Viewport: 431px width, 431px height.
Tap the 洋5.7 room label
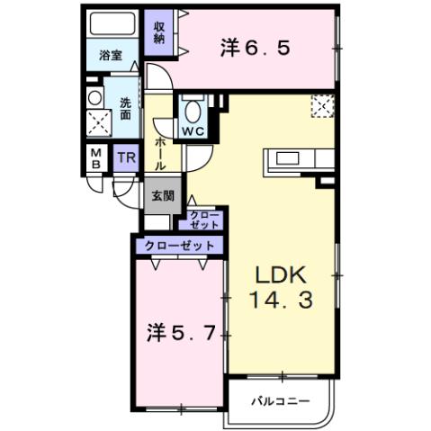click(x=180, y=332)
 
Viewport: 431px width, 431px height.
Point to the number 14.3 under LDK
click(x=281, y=301)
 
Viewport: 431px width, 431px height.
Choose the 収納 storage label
click(x=159, y=31)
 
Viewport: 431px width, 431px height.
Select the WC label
click(x=193, y=130)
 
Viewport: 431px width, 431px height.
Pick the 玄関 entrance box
click(x=162, y=194)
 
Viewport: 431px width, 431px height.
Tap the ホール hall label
click(x=160, y=154)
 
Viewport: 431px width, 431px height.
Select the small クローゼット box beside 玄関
click(x=202, y=219)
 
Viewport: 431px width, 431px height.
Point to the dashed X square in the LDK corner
click(x=322, y=106)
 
